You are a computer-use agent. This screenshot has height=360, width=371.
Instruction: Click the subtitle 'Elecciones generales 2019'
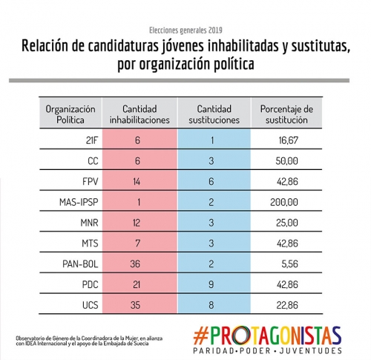185,30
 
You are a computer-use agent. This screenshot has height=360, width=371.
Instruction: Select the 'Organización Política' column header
70,114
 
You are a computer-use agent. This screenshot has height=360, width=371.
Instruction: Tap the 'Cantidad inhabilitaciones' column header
139,114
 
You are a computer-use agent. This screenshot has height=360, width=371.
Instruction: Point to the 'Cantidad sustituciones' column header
214,114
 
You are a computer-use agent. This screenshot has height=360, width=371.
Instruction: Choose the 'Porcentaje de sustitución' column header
286,114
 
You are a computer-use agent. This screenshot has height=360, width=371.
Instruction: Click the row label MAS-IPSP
79,202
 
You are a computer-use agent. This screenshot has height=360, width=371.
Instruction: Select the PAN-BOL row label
80,264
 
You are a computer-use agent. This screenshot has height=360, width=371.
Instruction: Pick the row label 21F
92,140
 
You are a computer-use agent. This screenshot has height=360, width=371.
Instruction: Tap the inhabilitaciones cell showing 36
135,264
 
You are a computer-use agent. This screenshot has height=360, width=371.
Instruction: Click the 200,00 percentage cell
284,202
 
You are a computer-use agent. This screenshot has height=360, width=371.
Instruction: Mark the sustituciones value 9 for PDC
211,284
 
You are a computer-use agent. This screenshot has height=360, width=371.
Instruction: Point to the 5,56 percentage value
290,264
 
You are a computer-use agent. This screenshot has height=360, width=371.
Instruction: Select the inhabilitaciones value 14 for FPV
137,182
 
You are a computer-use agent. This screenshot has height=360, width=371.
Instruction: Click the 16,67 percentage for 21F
289,140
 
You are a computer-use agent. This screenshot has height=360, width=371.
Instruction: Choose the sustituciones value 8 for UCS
211,305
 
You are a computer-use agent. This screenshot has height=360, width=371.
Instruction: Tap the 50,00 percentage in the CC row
287,161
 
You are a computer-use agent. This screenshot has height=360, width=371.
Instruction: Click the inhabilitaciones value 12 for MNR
137,223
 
